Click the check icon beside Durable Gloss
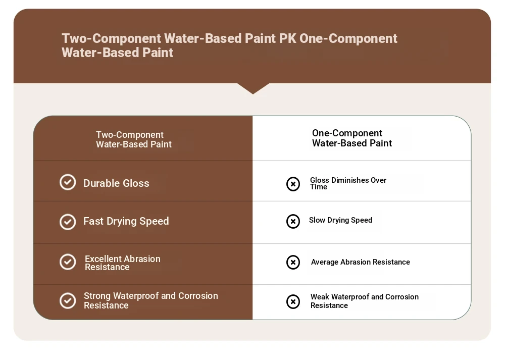(68, 182)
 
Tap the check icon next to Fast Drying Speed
(68, 222)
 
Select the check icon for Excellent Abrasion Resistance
(68, 262)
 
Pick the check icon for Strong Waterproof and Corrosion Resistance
(68, 301)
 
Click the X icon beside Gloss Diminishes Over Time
(293, 184)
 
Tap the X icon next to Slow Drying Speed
(293, 222)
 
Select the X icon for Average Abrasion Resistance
(293, 262)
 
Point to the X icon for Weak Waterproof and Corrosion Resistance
(293, 302)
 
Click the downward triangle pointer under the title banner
(253, 88)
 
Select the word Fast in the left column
(93, 221)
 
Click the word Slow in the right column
(317, 220)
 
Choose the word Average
(325, 262)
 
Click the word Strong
(97, 296)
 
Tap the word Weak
(320, 297)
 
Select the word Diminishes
(350, 180)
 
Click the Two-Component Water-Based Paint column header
(134, 139)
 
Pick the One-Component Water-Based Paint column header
(352, 138)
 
